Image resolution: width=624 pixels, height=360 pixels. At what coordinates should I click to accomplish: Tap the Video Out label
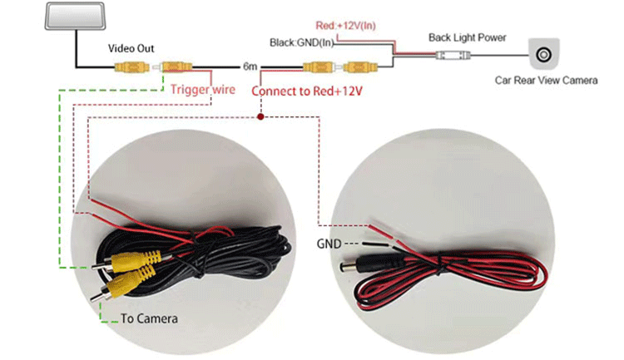(x=131, y=47)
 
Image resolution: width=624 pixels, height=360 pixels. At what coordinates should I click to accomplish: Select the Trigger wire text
(x=200, y=87)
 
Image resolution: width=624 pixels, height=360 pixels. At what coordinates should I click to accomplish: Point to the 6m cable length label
(x=250, y=66)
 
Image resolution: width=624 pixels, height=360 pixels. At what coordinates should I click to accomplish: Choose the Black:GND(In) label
(x=302, y=42)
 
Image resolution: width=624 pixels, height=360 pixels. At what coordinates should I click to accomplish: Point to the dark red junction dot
(x=261, y=117)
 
